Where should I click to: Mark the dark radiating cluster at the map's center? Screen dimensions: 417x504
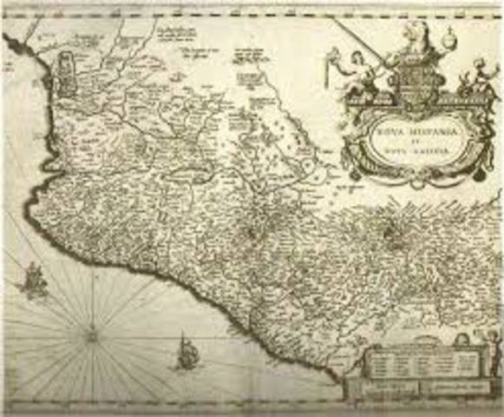(254, 230)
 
